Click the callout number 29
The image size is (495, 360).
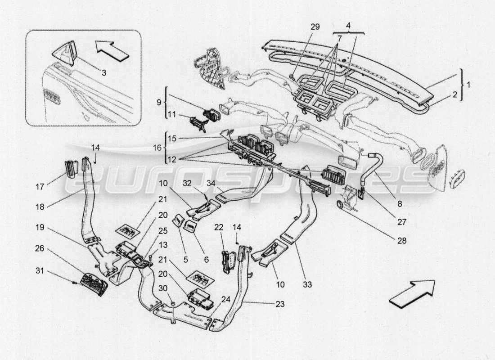coord(315,27)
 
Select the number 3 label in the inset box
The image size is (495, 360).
coord(103,72)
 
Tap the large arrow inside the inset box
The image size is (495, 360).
coord(112,49)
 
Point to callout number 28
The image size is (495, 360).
coord(401,241)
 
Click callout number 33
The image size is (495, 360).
coord(308,284)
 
